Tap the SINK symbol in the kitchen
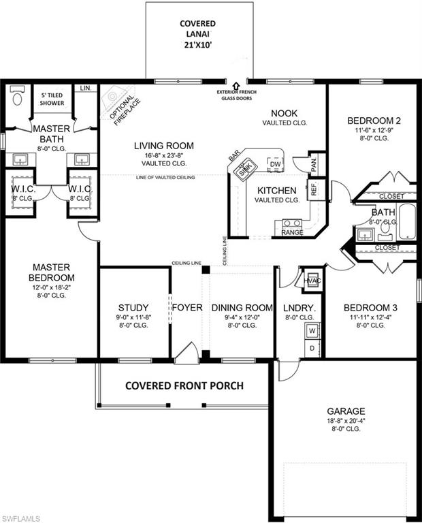tap(246, 171)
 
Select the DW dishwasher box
tap(275, 165)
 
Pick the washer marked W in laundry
tap(312, 331)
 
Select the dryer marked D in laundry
tap(312, 348)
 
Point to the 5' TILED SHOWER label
tap(52, 99)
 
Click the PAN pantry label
tap(314, 164)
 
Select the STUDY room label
tap(133, 308)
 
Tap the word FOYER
tap(187, 308)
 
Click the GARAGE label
tap(346, 411)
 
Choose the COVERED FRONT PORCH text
tap(184, 385)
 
